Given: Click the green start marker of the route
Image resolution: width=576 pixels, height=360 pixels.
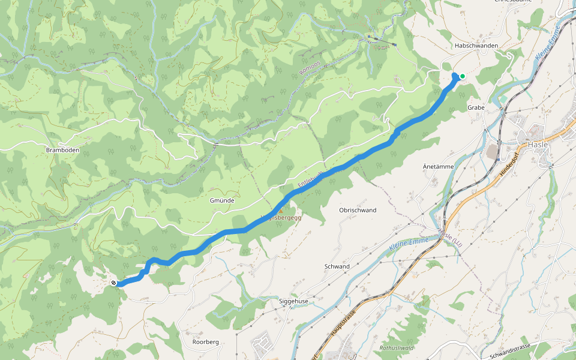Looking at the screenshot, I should coord(462,76).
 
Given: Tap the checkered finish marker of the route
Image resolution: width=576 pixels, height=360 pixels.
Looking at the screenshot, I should coord(113,283).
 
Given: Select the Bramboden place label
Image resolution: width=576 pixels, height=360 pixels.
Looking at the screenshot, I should coord(63,149).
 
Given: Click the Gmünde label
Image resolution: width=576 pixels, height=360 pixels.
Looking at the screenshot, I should coord(222,200).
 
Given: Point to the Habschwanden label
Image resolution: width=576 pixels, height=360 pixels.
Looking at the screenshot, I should coord(476,46).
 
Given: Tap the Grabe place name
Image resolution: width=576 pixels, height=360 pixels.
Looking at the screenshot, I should coord(476,107).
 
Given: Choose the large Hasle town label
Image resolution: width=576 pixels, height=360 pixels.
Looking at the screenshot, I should coord(538,145).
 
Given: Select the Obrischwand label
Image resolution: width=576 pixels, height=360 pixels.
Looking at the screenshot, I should coord(358,210).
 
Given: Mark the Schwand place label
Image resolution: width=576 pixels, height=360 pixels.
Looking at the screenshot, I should coord(337,266).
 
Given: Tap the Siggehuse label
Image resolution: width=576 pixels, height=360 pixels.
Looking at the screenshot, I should coord(293,301).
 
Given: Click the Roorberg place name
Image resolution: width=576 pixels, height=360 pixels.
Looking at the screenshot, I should coord(205,341).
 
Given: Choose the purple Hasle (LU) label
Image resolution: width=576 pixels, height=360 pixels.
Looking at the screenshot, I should coord(451,237).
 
